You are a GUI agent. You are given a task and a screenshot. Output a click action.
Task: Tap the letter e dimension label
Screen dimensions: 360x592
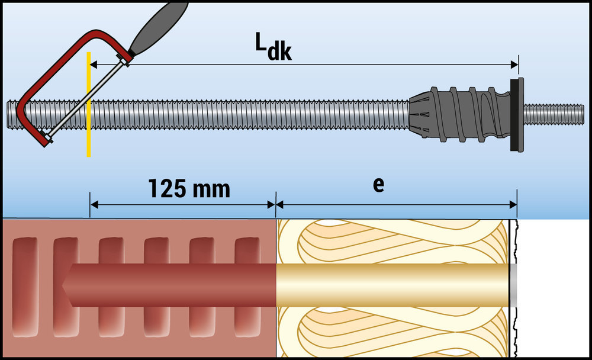coord(378,184)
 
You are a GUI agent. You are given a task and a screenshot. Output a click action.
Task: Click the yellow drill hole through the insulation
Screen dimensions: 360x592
coord(391,285)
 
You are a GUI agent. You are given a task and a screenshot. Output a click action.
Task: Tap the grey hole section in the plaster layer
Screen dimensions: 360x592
coord(513,285)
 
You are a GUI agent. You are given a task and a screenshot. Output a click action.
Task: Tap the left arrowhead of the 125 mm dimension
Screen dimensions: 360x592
coord(94,205)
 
